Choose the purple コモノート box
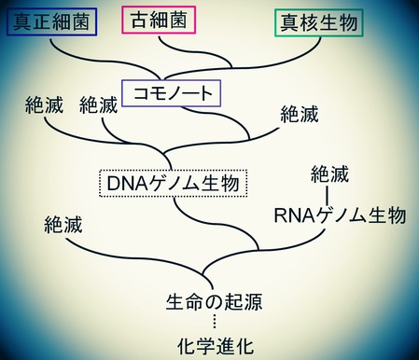173,92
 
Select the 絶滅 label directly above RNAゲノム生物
331,174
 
